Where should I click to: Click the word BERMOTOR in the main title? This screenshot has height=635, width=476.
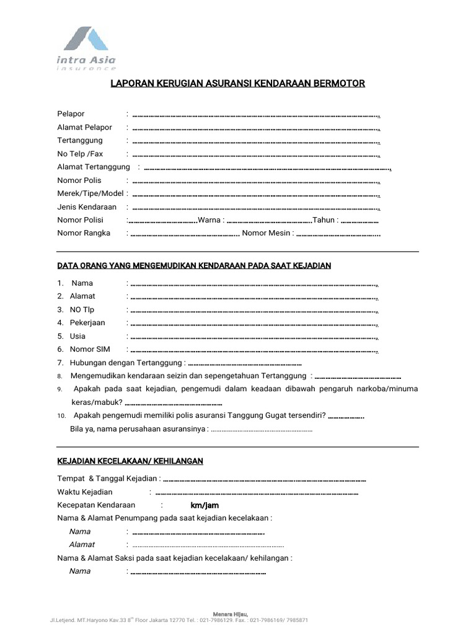click(x=340, y=83)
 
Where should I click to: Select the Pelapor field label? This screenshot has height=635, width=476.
click(x=71, y=114)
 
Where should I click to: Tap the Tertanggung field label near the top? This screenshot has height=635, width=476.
click(x=80, y=141)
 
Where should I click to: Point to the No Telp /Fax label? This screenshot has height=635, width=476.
click(x=80, y=154)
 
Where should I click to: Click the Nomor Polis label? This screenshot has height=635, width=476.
click(x=79, y=180)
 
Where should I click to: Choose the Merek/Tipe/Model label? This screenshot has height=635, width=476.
click(x=90, y=193)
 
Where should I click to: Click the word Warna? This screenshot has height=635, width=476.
click(x=209, y=220)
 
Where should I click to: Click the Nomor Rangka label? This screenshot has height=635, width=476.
click(x=84, y=233)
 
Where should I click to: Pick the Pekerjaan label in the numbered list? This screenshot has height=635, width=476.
click(x=87, y=323)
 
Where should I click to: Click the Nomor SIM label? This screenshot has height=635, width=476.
click(x=90, y=350)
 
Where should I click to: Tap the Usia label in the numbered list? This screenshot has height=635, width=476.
click(x=77, y=336)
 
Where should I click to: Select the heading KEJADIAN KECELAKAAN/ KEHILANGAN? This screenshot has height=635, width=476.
click(x=130, y=461)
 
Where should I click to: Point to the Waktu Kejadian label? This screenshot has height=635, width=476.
click(x=85, y=492)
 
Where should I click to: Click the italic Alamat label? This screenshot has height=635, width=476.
click(x=82, y=544)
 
